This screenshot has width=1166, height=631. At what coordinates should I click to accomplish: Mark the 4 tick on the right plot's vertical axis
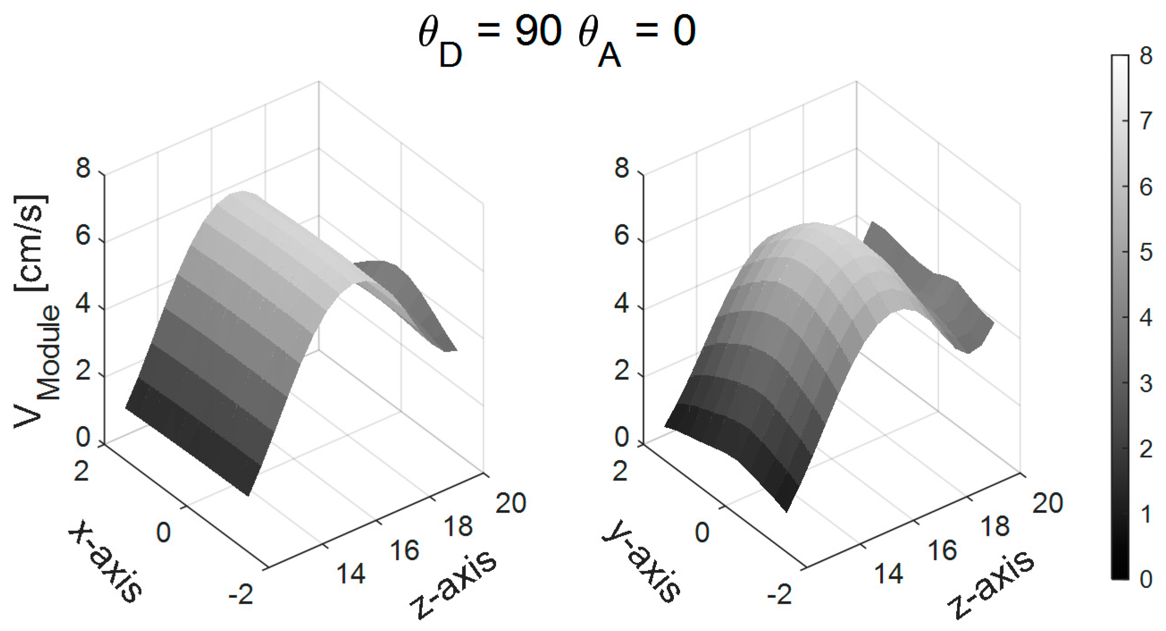coord(622,303)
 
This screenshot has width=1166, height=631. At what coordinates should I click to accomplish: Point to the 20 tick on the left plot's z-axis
coord(510,503)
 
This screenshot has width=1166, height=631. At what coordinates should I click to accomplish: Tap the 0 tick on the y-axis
coord(702,533)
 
